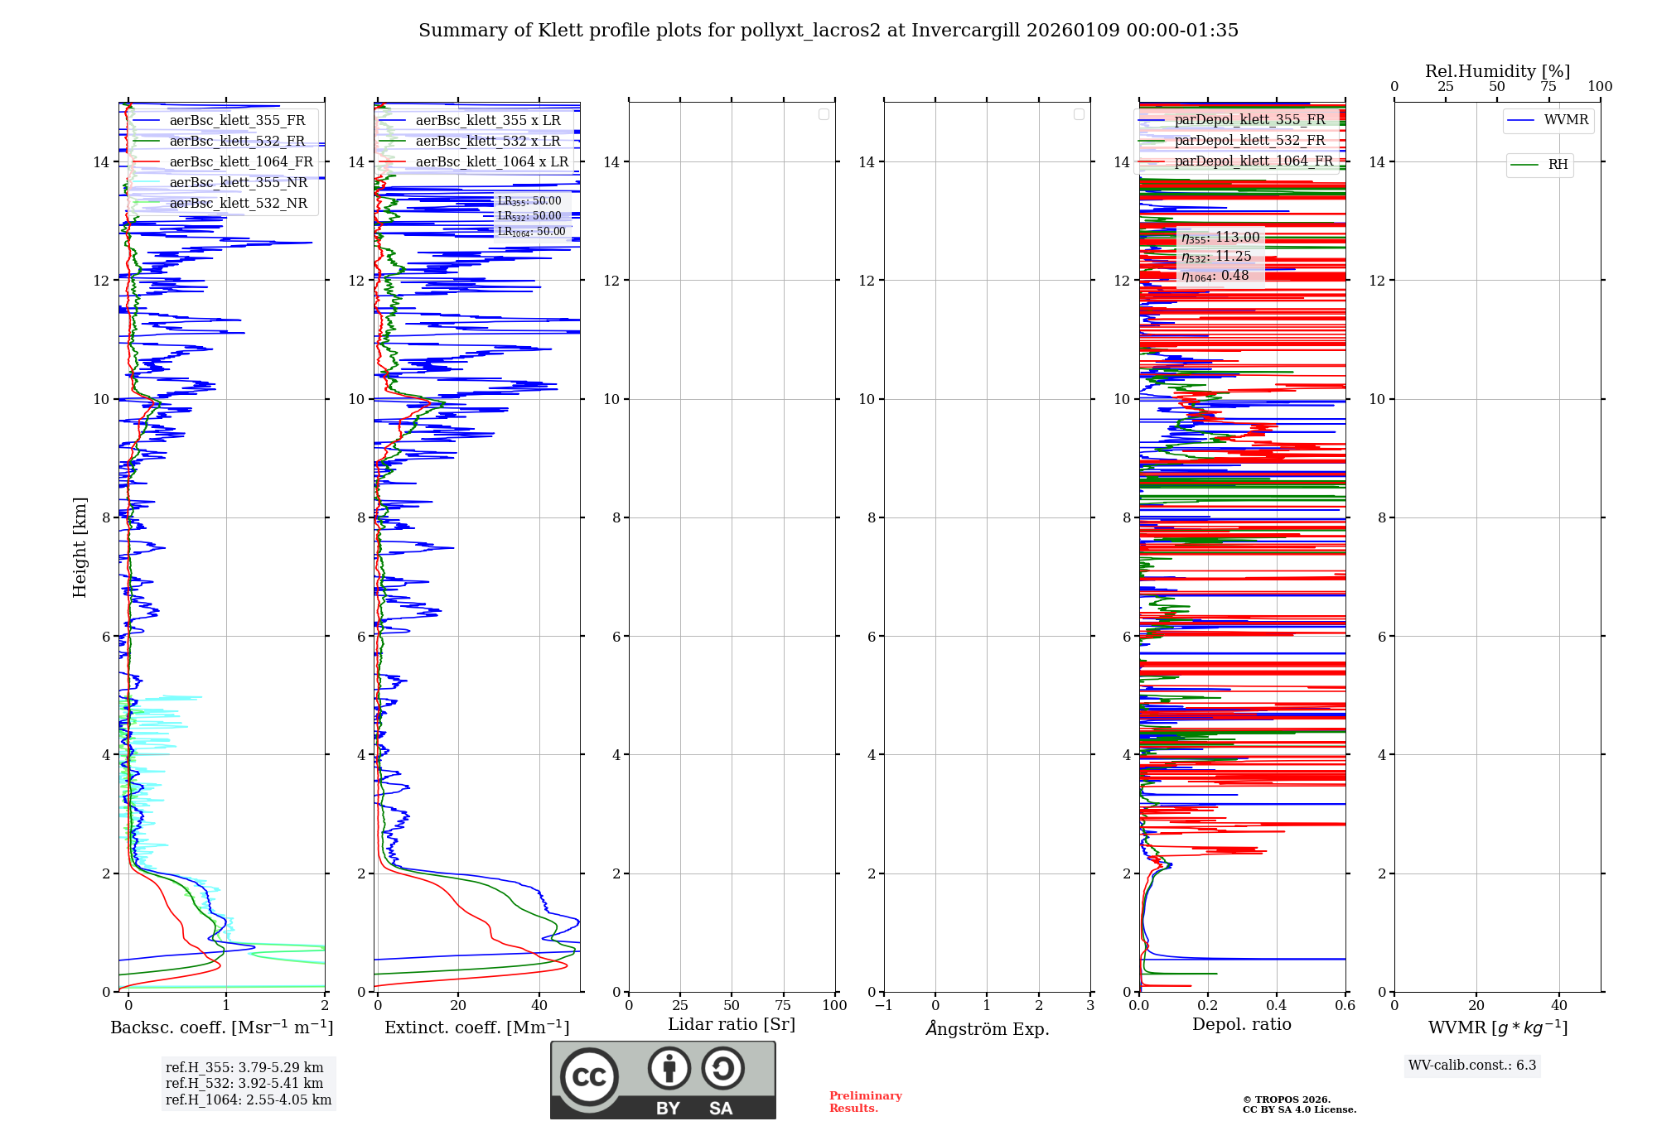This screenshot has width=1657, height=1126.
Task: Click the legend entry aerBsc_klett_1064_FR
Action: pyautogui.click(x=240, y=162)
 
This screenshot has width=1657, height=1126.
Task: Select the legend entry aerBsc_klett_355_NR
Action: pyautogui.click(x=238, y=183)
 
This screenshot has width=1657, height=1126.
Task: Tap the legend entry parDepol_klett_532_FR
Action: pyautogui.click(x=1249, y=141)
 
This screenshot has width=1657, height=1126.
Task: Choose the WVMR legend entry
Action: pyautogui.click(x=1566, y=120)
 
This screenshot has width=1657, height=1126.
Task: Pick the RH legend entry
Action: pyautogui.click(x=1558, y=165)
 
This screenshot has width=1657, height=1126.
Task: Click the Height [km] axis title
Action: pyautogui.click(x=80, y=547)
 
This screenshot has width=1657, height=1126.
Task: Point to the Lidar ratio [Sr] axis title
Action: pyautogui.click(x=732, y=1025)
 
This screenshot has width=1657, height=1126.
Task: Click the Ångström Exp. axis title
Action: pyautogui.click(x=988, y=1029)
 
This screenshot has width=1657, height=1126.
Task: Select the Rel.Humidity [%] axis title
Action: pyautogui.click(x=1497, y=71)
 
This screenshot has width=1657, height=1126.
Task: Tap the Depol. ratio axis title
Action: pyautogui.click(x=1241, y=1025)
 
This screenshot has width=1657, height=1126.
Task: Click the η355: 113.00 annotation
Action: pyautogui.click(x=1220, y=238)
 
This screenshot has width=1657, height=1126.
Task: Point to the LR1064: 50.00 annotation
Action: pyautogui.click(x=531, y=232)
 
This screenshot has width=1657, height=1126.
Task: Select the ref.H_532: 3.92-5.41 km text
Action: pyautogui.click(x=244, y=1084)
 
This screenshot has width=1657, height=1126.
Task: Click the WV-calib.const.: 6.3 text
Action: pyautogui.click(x=1472, y=1066)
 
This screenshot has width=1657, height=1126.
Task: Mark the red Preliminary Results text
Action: pyautogui.click(x=865, y=1102)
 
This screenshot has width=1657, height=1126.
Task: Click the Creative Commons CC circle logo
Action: pyautogui.click(x=589, y=1077)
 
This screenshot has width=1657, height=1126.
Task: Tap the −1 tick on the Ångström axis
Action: pyautogui.click(x=884, y=1006)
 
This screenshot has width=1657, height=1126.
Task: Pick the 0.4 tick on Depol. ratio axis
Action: pyautogui.click(x=1277, y=1006)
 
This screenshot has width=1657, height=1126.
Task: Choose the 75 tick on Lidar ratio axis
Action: pyautogui.click(x=783, y=1006)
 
